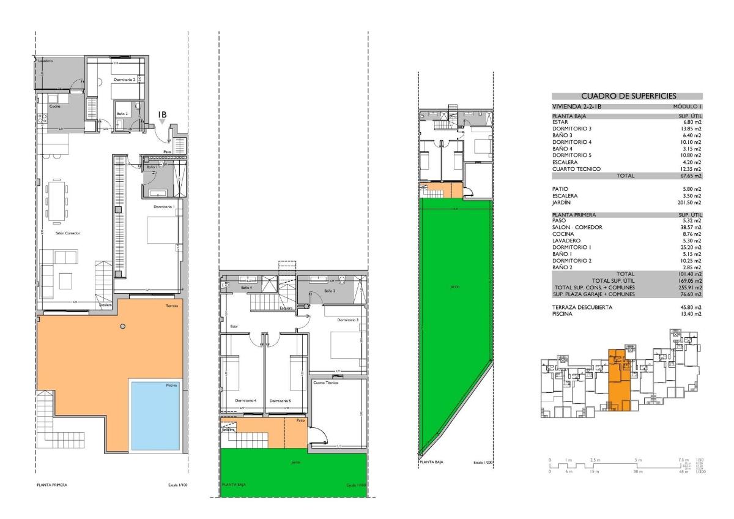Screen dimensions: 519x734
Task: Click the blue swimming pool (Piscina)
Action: point(155,413)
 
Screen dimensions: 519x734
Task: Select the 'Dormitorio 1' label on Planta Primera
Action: point(164,207)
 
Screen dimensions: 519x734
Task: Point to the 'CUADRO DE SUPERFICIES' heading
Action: point(627,95)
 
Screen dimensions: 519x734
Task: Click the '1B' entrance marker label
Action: point(162,114)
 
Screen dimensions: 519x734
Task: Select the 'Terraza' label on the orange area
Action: point(172,306)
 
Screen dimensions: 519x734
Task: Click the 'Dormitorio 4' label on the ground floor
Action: point(245,401)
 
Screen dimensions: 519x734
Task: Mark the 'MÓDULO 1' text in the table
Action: point(688,106)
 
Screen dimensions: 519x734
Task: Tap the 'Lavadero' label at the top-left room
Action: point(45,61)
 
